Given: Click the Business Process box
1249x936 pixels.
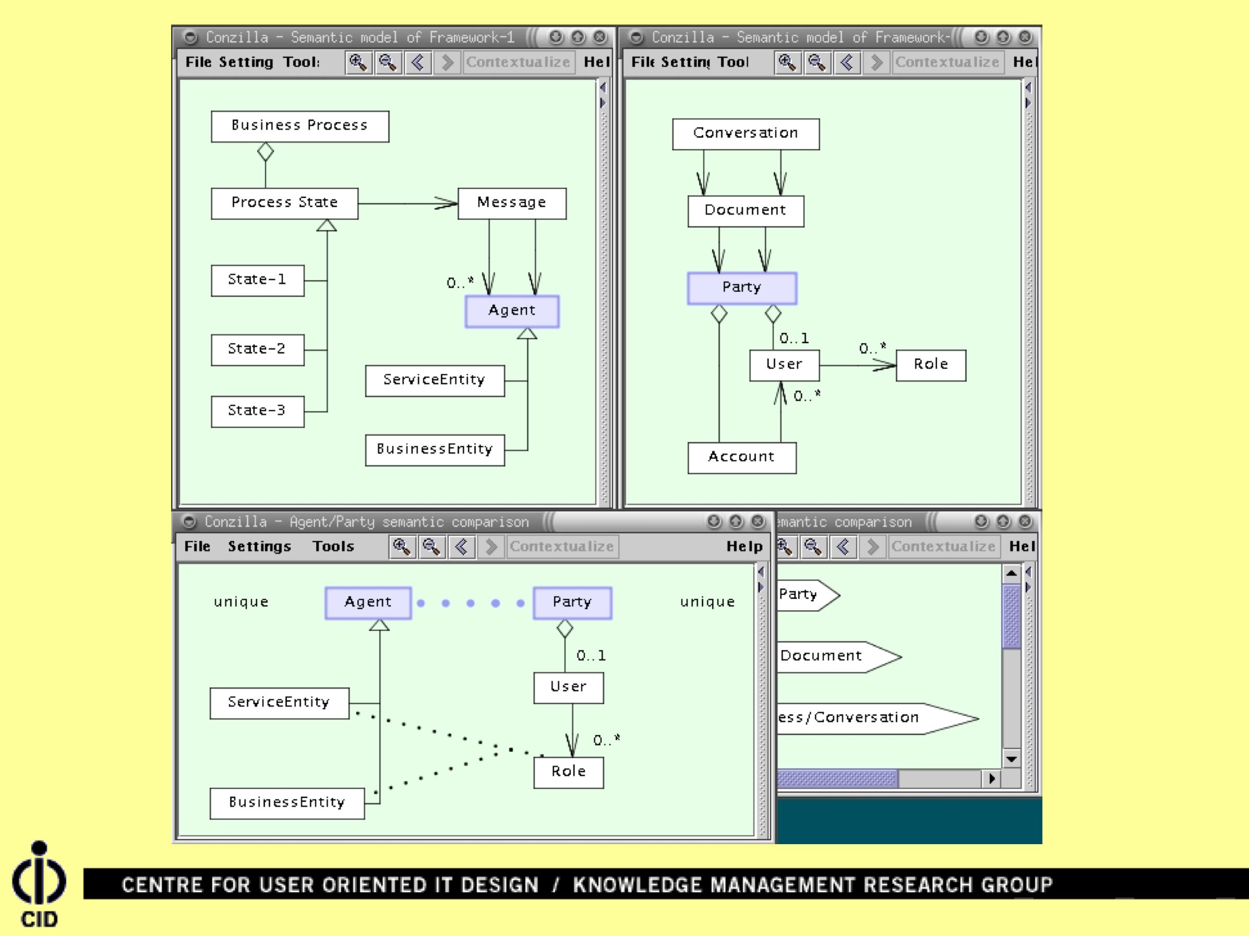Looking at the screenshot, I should click(x=299, y=126).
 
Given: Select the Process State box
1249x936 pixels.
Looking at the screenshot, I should click(x=284, y=203).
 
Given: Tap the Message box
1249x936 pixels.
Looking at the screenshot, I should click(x=512, y=203).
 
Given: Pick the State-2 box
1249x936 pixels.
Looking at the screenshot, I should click(x=257, y=350).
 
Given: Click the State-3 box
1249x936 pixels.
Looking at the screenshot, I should click(x=257, y=411).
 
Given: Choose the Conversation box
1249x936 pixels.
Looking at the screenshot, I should click(x=746, y=134).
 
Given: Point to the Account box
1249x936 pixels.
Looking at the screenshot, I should click(x=741, y=457).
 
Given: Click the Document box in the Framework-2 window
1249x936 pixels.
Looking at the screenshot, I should click(x=746, y=211).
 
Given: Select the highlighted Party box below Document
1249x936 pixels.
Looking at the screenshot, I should click(x=742, y=288).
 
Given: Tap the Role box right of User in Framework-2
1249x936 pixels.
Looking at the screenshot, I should click(x=931, y=365).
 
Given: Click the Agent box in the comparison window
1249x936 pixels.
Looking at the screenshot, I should click(x=368, y=603).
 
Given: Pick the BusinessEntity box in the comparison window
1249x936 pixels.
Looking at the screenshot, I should click(x=287, y=803).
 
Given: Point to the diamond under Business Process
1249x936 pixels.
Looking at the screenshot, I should click(x=266, y=152).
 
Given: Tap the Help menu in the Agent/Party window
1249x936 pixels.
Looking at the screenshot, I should click(x=744, y=546).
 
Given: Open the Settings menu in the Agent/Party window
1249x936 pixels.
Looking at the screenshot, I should click(x=259, y=546).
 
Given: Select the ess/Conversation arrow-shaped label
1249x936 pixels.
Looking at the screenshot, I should click(x=870, y=718).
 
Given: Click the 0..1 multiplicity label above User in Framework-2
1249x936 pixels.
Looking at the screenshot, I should click(x=794, y=338).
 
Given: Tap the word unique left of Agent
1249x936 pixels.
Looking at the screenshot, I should click(x=241, y=603).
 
